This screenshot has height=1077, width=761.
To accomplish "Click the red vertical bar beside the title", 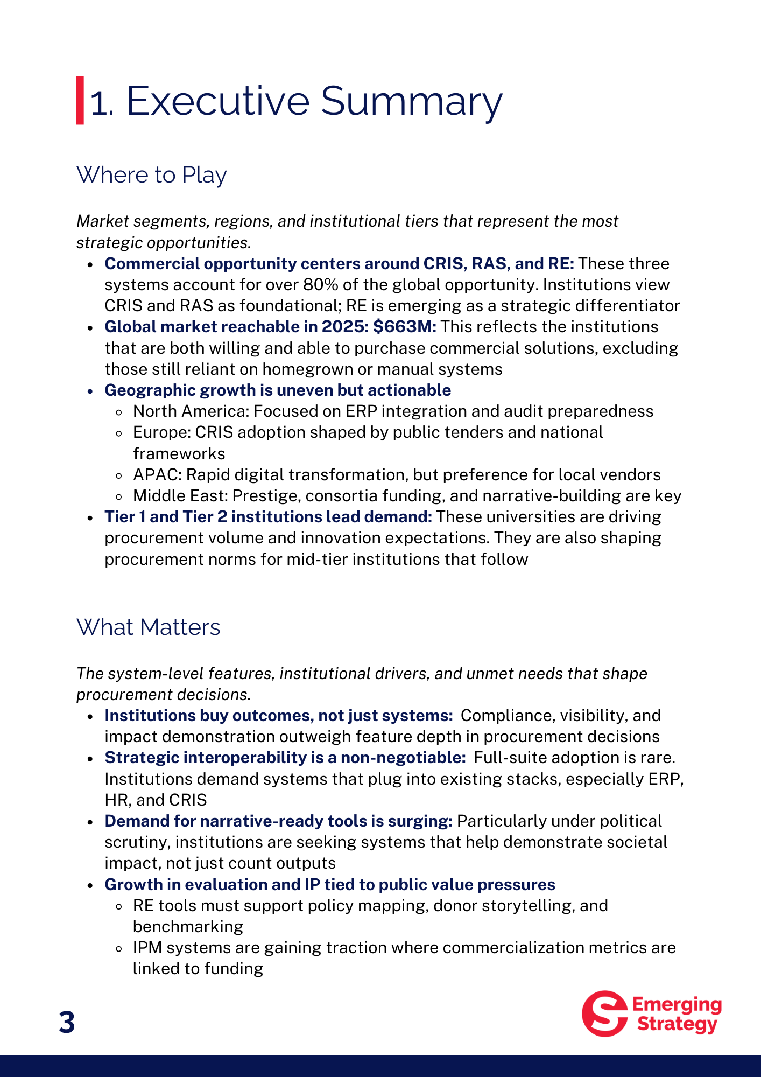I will pyautogui.click(x=80, y=101).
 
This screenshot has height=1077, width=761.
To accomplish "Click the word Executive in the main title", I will pyautogui.click(x=218, y=101).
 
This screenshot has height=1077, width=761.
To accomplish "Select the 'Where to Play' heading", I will pyautogui.click(x=151, y=175).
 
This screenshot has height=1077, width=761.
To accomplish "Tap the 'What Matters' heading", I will pyautogui.click(x=148, y=627).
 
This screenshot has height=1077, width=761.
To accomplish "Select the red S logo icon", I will pyautogui.click(x=604, y=1013).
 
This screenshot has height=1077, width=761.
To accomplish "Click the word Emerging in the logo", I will pyautogui.click(x=677, y=1005).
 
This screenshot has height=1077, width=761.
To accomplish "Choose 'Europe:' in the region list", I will pyautogui.click(x=162, y=432).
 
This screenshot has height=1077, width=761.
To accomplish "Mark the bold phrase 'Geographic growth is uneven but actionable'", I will pyautogui.click(x=278, y=390).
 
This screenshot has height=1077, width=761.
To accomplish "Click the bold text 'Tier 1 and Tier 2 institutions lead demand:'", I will pyautogui.click(x=268, y=517).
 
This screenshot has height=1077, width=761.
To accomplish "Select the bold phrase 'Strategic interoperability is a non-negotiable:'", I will pyautogui.click(x=285, y=758).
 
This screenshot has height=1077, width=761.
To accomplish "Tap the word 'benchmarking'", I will pyautogui.click(x=188, y=927).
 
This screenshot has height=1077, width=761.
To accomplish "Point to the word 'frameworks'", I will pyautogui.click(x=179, y=454).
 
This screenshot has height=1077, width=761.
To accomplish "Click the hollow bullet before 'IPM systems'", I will pyautogui.click(x=119, y=948).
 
